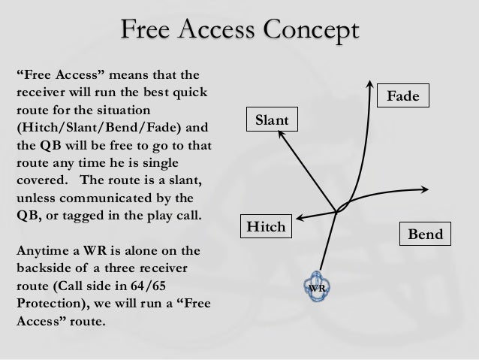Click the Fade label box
pyautogui.click(x=403, y=96)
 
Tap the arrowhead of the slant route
pyautogui.click(x=281, y=132)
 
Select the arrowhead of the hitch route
pyautogui.click(x=296, y=219)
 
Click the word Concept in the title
pyautogui.click(x=309, y=32)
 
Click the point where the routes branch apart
pyautogui.click(x=336, y=210)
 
